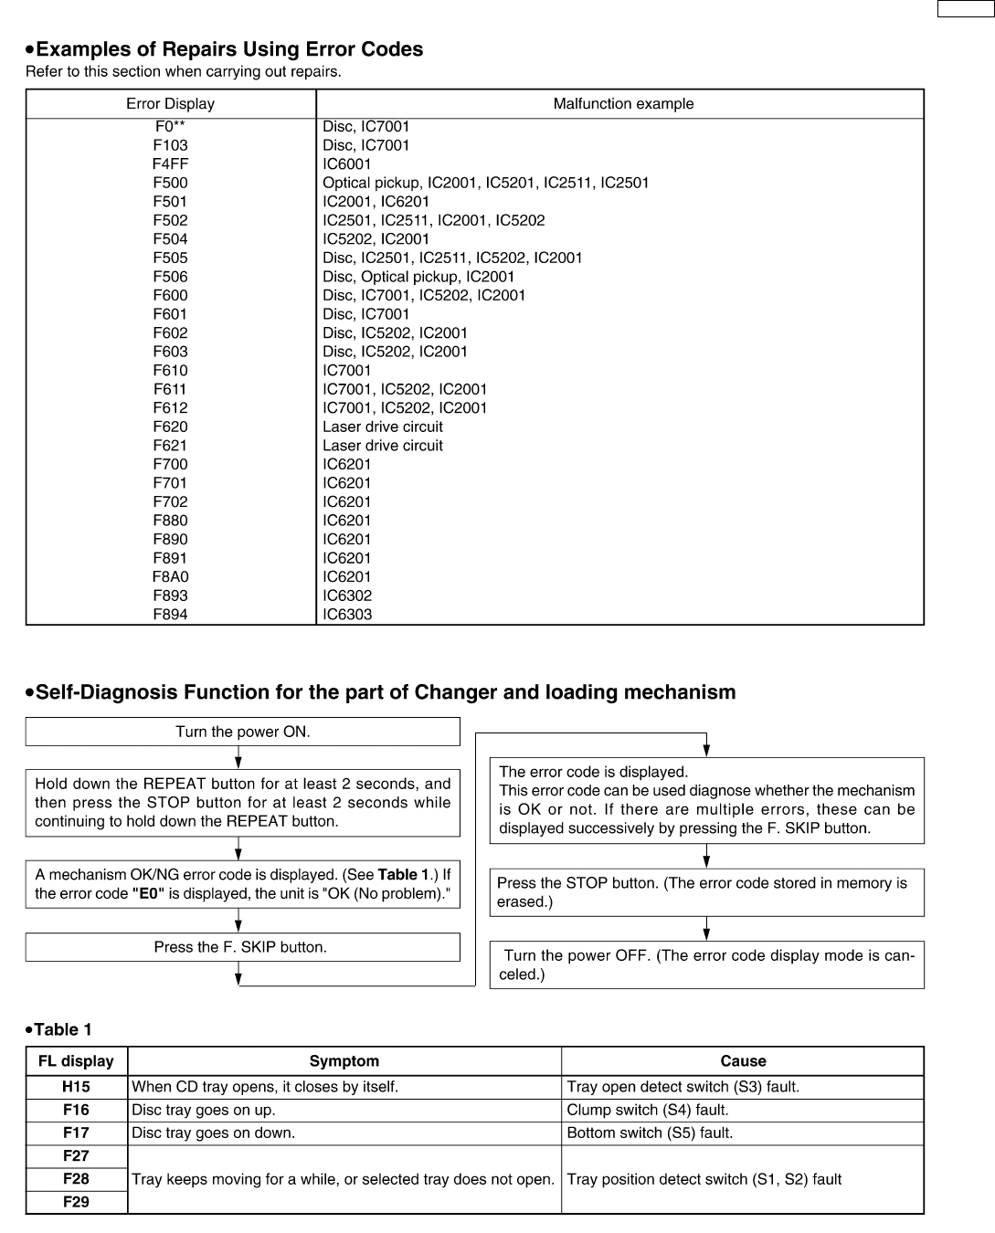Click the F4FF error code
click(x=170, y=164)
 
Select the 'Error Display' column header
click(x=170, y=104)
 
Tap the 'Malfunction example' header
click(x=623, y=104)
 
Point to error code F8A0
click(x=170, y=577)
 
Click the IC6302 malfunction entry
click(x=347, y=595)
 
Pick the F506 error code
click(x=170, y=277)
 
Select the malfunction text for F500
click(x=485, y=183)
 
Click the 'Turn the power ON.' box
click(x=242, y=732)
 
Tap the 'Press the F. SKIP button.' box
click(x=242, y=947)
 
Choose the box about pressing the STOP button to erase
click(x=706, y=892)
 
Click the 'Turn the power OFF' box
click(x=706, y=964)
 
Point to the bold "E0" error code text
click(x=148, y=893)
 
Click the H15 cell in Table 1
click(x=76, y=1087)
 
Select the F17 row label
click(x=76, y=1133)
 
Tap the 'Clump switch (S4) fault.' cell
click(x=648, y=1111)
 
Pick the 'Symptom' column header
click(x=344, y=1061)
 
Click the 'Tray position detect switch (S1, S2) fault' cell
click(x=704, y=1179)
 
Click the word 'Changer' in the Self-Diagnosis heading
click(x=455, y=692)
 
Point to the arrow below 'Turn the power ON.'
click(x=238, y=757)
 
